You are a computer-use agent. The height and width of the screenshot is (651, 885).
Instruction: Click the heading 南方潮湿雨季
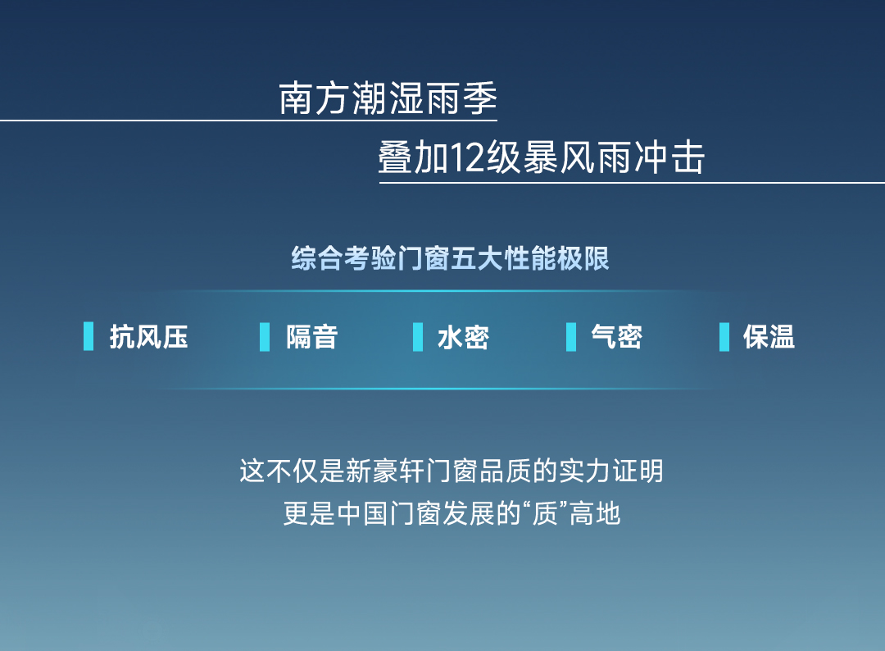coord(388,98)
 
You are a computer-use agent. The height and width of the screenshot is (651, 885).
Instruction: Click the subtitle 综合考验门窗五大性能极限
coord(450,258)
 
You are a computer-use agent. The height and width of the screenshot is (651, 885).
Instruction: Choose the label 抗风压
coord(148,337)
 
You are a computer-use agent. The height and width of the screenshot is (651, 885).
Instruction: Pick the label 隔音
coord(311,337)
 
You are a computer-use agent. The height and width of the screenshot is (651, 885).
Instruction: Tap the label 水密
coord(463,337)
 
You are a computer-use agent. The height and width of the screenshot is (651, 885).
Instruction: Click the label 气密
coord(616,337)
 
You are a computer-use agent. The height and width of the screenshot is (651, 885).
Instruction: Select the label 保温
coord(769,337)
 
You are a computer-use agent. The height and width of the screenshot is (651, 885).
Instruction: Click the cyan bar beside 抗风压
coord(88,336)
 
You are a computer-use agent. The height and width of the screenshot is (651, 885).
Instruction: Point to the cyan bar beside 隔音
coord(265,336)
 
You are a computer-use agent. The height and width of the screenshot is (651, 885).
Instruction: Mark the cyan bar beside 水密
coord(418,336)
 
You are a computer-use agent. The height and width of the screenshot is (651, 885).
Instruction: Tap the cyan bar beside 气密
coord(571,336)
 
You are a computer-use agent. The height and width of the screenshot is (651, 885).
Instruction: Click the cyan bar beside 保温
coord(724,336)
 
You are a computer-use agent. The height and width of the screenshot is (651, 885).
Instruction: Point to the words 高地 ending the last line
coord(595,514)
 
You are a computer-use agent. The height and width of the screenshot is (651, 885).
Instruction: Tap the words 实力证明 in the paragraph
coord(610,471)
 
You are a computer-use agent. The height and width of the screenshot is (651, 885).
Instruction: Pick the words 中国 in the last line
coord(362,514)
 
